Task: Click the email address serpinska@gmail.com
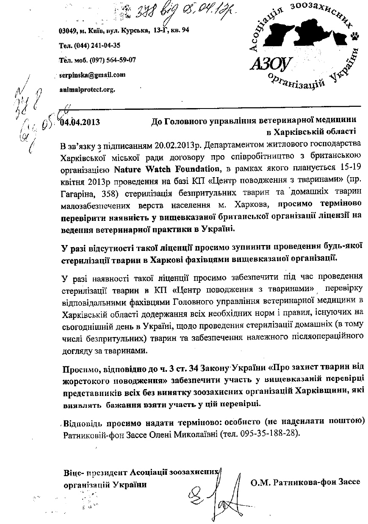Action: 92,75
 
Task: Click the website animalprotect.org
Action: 87,89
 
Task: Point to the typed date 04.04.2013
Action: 80,123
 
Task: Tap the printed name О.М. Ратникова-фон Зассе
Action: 305,482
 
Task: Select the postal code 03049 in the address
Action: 67,31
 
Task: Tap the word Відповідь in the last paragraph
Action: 83,423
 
